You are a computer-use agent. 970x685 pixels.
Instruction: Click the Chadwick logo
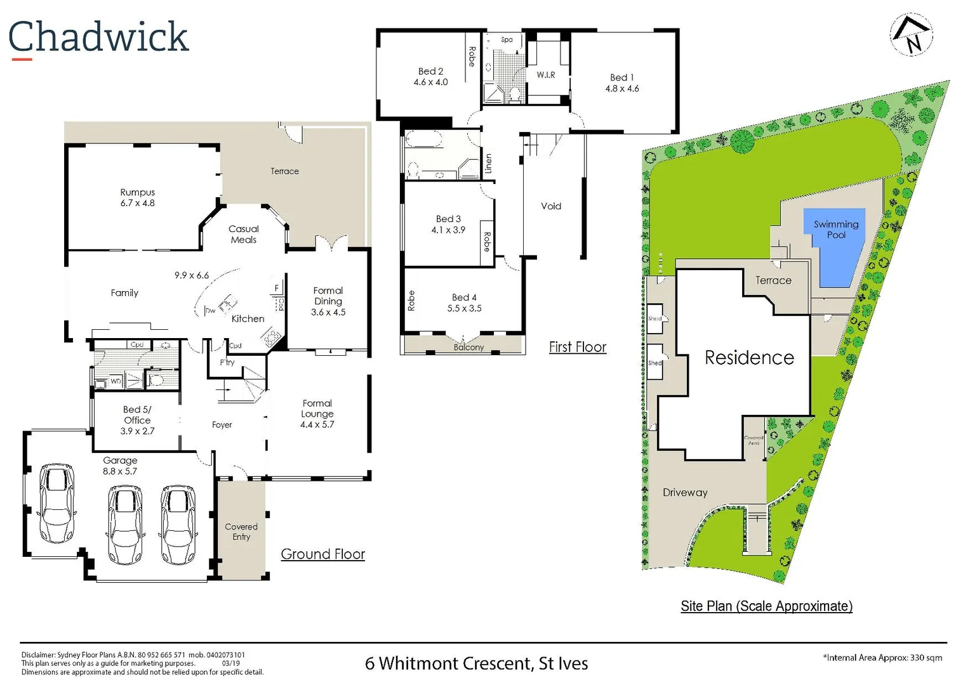[x=98, y=38]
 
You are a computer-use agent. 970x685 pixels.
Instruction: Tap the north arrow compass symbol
[x=911, y=36]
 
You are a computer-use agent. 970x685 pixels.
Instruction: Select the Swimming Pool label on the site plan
[x=835, y=229]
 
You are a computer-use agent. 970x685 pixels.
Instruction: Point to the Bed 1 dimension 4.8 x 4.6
[x=621, y=89]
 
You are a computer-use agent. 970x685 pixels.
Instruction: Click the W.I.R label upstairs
[x=545, y=75]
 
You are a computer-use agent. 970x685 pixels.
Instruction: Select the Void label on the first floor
[x=550, y=206]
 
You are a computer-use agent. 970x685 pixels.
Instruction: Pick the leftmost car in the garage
[x=57, y=502]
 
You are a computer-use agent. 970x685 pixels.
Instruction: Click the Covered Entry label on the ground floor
[x=241, y=532]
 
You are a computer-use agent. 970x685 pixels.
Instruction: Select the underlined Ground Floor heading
[x=322, y=554]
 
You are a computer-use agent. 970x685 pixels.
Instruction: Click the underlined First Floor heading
[x=577, y=347]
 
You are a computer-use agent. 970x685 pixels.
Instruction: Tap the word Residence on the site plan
[x=749, y=358]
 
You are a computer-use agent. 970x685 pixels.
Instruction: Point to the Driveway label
[x=684, y=492]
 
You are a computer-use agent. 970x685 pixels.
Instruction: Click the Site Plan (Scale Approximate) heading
[x=766, y=606]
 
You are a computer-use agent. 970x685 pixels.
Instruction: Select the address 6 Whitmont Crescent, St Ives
[x=476, y=663]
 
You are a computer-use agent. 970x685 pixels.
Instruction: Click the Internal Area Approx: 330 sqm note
[x=882, y=658]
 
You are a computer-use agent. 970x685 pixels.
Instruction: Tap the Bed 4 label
[x=464, y=297]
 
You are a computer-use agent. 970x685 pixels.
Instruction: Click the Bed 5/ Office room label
[x=137, y=415]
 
